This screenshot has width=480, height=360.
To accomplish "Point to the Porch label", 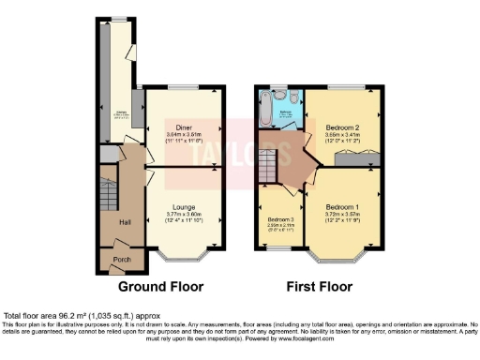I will (x=119, y=259).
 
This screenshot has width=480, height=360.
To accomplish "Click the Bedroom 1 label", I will (x=341, y=205).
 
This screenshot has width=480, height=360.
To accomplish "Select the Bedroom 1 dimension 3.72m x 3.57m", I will (x=341, y=214).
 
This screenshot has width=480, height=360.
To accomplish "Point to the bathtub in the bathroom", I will (x=265, y=115).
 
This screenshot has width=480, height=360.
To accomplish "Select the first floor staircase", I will (x=271, y=170).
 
